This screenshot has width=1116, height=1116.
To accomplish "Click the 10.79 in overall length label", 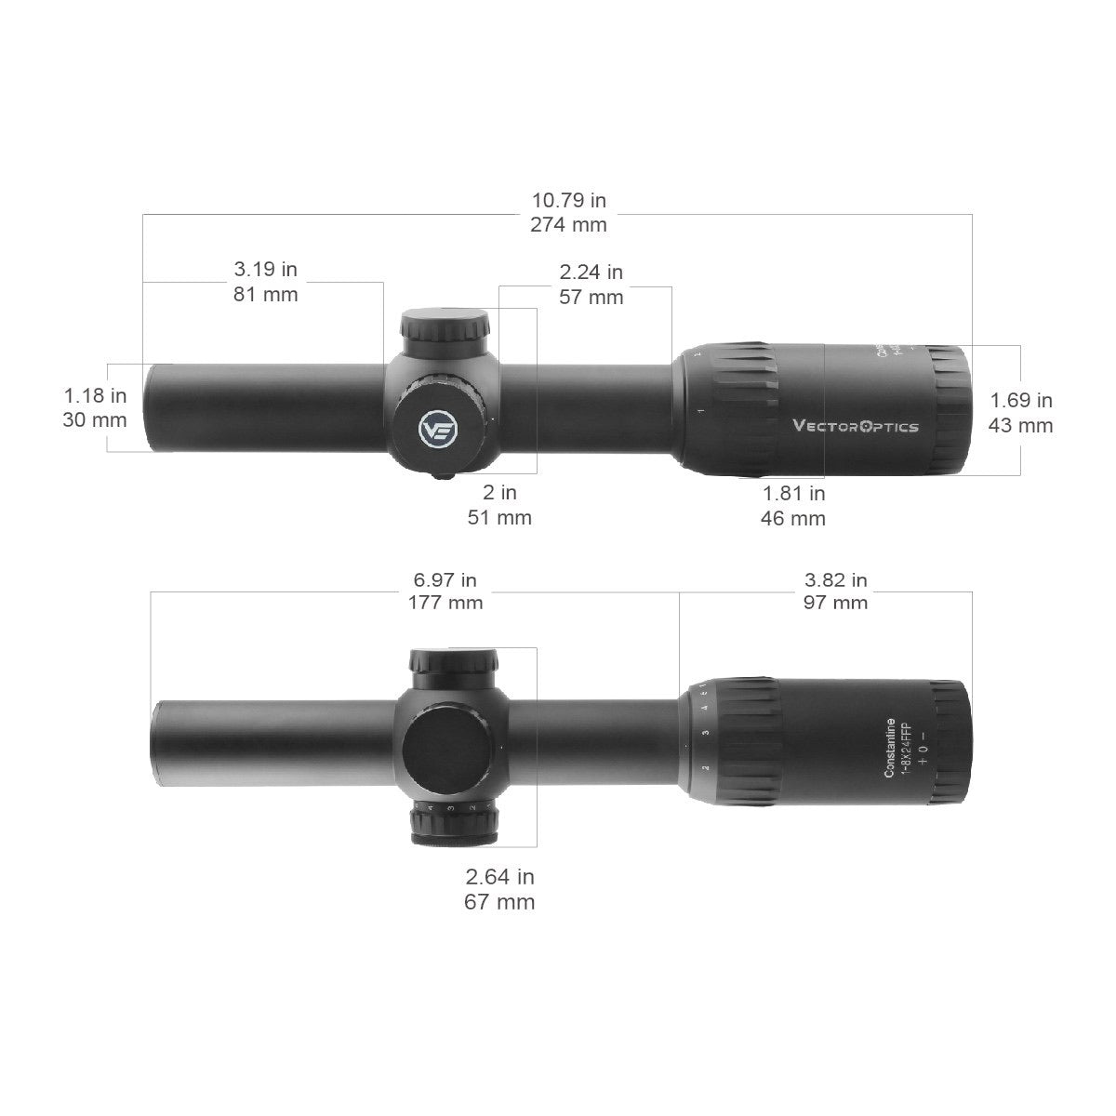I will point(568,200).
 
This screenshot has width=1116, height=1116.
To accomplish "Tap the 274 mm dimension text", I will point(568,224).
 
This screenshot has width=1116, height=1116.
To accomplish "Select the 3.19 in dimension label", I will point(265,270).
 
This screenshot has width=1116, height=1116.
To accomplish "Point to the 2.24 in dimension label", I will point(591,272).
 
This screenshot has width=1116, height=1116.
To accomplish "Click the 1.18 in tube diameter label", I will point(95,395).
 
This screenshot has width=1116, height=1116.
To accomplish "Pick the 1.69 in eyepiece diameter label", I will point(1021,401).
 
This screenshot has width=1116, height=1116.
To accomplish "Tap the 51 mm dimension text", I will point(499,517).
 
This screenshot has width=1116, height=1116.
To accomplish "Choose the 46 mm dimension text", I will point(792,519).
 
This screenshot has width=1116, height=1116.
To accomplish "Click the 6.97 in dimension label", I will point(445,579).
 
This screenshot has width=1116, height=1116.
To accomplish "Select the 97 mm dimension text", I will point(835,603).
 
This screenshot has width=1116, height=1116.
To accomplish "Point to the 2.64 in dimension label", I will point(499,876).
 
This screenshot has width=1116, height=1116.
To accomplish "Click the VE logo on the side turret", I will point(437,431).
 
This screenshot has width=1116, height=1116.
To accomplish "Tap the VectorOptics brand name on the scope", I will point(855,426).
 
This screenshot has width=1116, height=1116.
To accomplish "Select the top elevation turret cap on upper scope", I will point(445,327).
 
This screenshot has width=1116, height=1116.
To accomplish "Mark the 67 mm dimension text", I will point(499,901).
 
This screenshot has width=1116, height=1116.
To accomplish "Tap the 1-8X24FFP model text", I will point(904,748).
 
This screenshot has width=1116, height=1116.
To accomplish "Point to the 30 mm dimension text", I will point(95,419).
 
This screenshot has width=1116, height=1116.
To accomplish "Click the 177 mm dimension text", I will point(445,603).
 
